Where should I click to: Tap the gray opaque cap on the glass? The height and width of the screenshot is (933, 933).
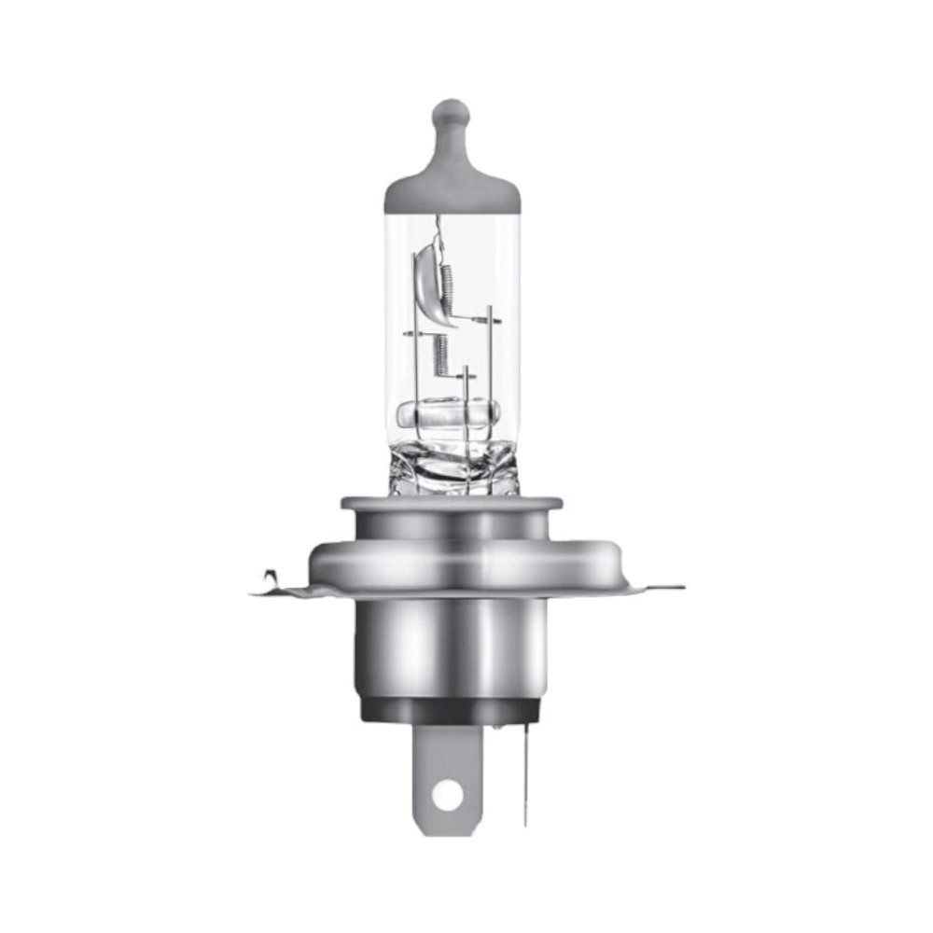[452, 187]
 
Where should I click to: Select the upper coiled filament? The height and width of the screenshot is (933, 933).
[447, 285]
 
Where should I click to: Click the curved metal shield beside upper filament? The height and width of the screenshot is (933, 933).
[425, 280]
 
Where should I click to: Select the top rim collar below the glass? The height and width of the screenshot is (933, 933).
[452, 504]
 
